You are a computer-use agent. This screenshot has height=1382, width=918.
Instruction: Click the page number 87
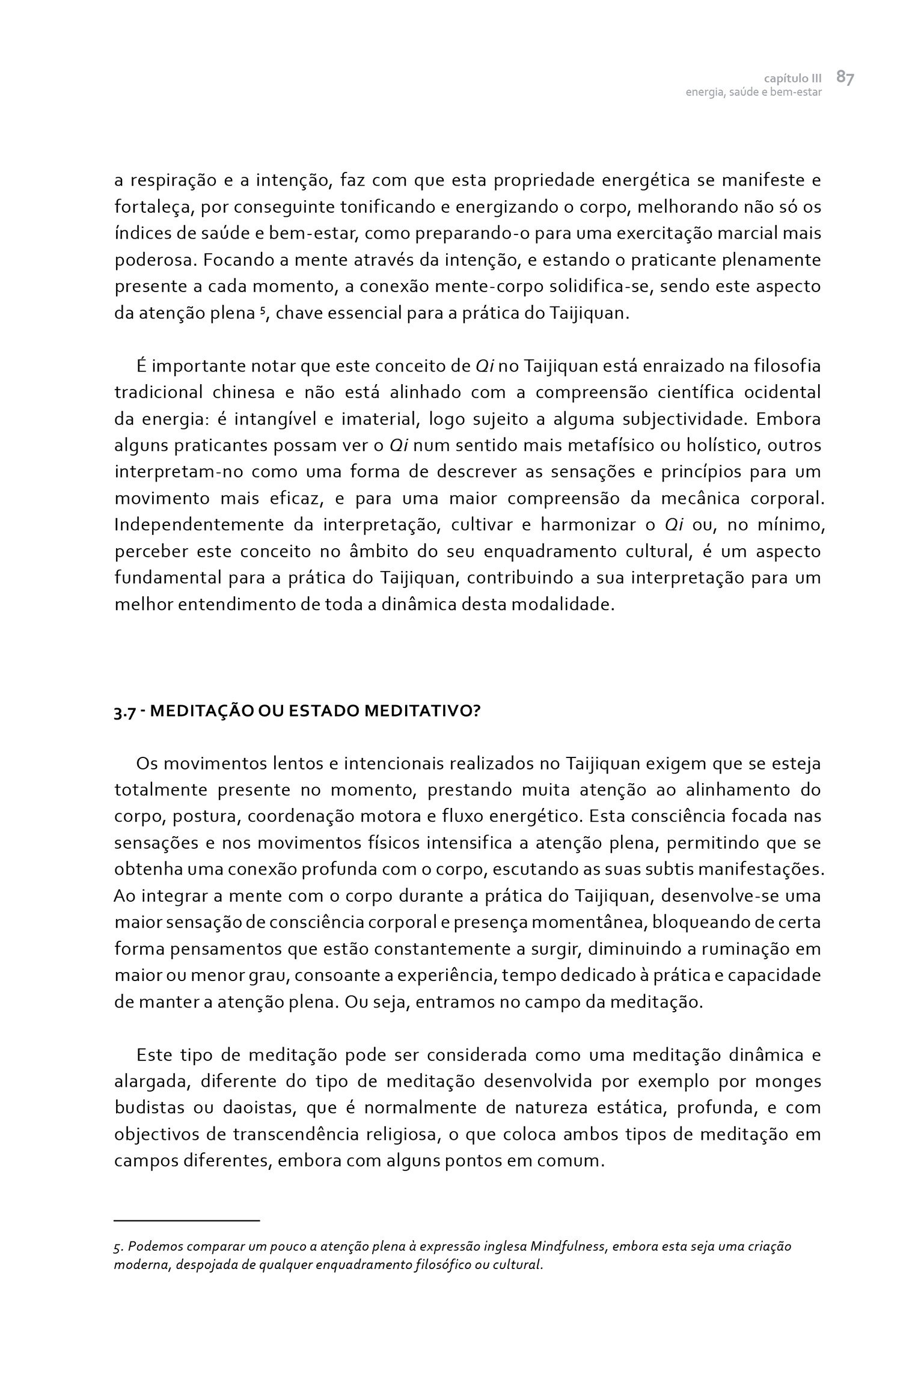845,78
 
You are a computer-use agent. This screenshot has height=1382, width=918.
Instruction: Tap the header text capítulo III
792,79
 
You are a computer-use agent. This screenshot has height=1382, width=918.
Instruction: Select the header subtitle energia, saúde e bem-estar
753,93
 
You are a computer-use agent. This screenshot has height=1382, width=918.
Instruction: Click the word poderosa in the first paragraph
154,261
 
